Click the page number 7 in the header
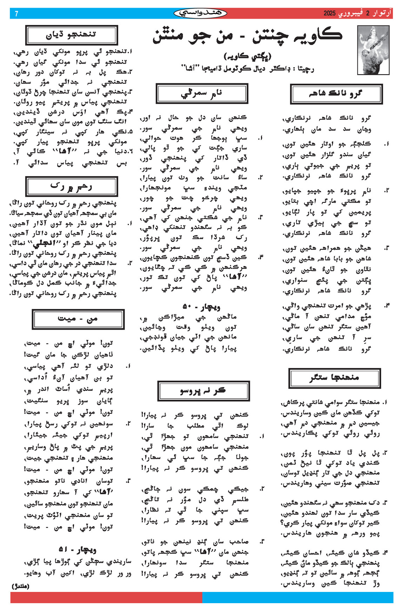click(16, 14)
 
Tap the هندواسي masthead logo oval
click(200, 13)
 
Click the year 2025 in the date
click(329, 14)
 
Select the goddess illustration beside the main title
click(373, 50)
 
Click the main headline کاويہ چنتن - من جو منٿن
click(247, 37)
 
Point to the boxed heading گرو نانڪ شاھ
click(336, 94)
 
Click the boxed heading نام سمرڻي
click(202, 93)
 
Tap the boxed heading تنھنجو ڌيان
click(71, 35)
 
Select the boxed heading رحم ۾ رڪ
click(71, 186)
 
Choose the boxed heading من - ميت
click(78, 319)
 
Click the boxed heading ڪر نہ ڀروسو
click(203, 391)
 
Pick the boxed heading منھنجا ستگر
click(334, 378)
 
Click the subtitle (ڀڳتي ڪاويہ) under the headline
click(247, 56)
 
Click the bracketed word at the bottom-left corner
click(21, 586)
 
